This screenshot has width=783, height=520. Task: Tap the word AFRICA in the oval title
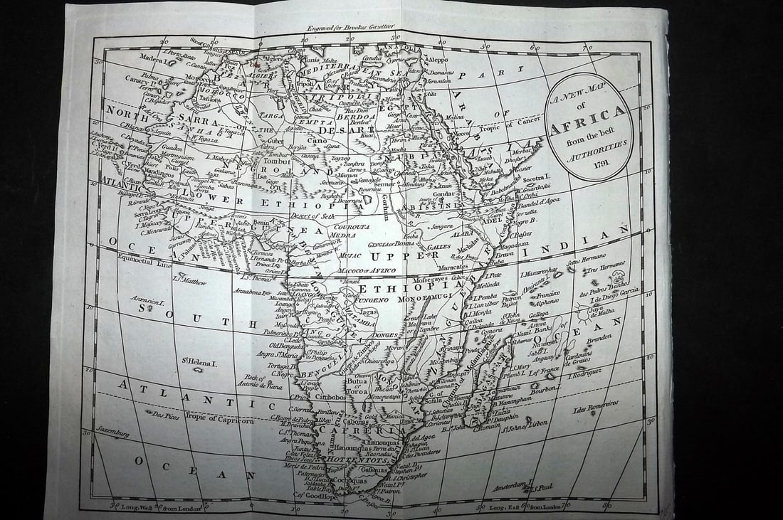pyautogui.click(x=587, y=123)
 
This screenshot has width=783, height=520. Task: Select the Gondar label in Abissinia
pyautogui.click(x=444, y=193)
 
